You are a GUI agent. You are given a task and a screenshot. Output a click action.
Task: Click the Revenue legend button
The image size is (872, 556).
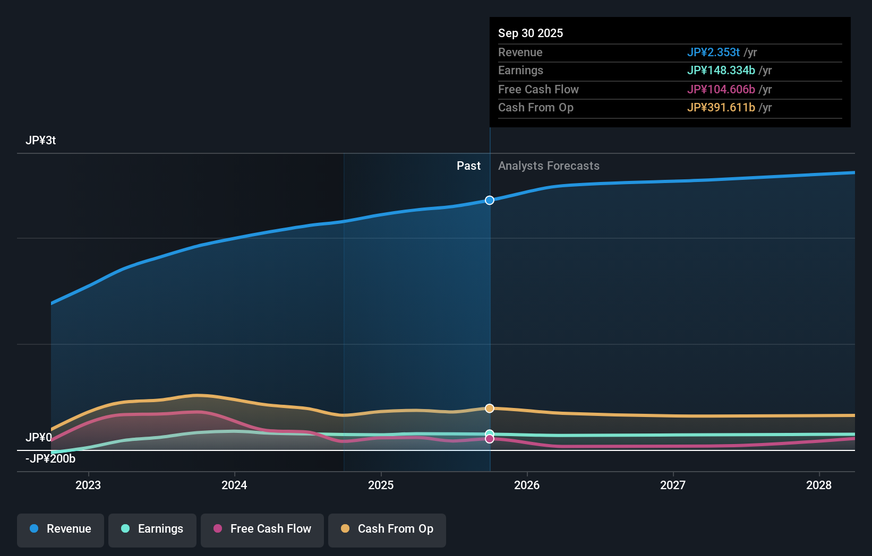pyautogui.click(x=61, y=529)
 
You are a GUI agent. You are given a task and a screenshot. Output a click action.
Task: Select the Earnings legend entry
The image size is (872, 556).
pyautogui.click(x=152, y=529)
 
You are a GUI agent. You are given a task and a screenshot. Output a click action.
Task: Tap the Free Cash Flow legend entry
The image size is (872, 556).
pyautogui.click(x=262, y=529)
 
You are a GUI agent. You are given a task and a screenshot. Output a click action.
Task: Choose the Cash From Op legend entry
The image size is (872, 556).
pyautogui.click(x=387, y=529)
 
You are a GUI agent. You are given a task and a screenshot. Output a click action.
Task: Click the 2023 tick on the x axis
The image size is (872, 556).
pyautogui.click(x=88, y=485)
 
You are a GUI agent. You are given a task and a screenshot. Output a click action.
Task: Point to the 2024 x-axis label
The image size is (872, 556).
pyautogui.click(x=234, y=485)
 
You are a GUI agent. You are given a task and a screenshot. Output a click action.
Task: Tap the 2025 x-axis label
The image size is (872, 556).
pyautogui.click(x=381, y=485)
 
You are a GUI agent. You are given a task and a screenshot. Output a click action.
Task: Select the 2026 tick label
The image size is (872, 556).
pyautogui.click(x=527, y=485)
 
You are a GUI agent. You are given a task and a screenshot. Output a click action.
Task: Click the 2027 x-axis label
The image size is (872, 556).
pyautogui.click(x=673, y=485)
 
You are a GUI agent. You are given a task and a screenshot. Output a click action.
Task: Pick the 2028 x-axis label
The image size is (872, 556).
pyautogui.click(x=819, y=485)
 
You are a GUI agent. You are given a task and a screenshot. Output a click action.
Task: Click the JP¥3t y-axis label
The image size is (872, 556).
pyautogui.click(x=40, y=141)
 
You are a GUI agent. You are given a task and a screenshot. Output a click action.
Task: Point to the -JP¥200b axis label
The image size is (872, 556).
pyautogui.click(x=50, y=459)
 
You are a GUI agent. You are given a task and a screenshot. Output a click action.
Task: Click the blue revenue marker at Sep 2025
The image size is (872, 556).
pyautogui.click(x=490, y=200)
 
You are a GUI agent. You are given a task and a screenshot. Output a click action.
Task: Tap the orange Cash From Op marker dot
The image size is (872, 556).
pyautogui.click(x=490, y=409)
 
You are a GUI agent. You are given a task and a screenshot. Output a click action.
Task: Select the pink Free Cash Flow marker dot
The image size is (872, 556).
pyautogui.click(x=490, y=439)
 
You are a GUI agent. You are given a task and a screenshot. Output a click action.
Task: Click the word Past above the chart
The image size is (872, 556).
pyautogui.click(x=468, y=166)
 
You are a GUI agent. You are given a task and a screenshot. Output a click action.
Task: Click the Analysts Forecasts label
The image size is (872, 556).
pyautogui.click(x=549, y=166)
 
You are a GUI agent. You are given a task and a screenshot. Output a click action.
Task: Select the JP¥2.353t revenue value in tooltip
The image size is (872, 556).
pyautogui.click(x=713, y=53)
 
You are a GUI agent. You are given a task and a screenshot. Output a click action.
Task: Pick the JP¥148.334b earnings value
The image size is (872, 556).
pyautogui.click(x=721, y=71)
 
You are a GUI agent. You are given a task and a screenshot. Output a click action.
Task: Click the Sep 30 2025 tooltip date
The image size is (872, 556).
pyautogui.click(x=531, y=33)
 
